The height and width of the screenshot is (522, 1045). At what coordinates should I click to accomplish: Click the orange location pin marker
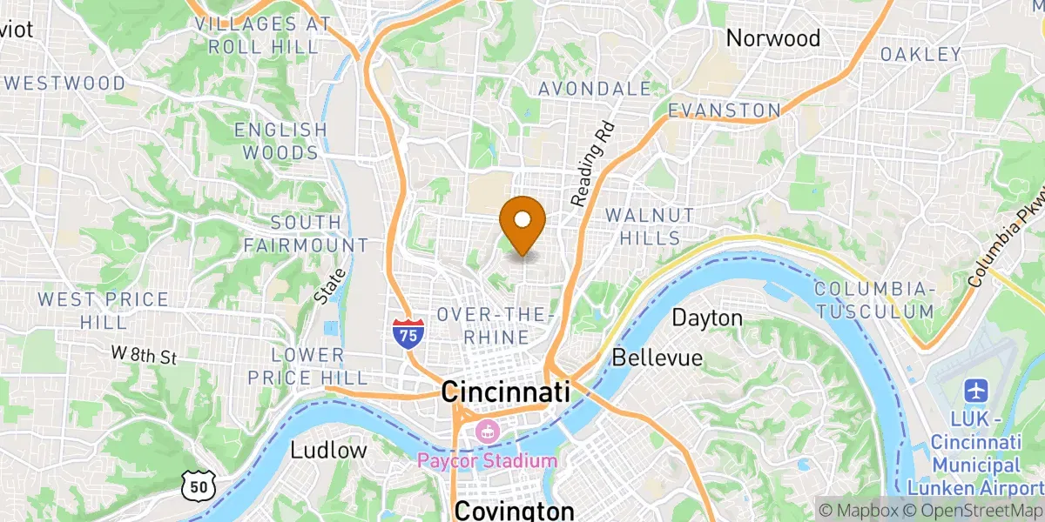pyautogui.click(x=522, y=223)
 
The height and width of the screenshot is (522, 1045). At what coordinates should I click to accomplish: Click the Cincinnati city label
pyautogui.click(x=505, y=391)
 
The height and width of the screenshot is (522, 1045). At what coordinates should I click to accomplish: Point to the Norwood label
pyautogui.click(x=773, y=38)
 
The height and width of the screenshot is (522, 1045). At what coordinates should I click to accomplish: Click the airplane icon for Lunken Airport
pyautogui.click(x=974, y=388)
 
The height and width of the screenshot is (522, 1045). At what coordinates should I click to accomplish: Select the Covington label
pyautogui.click(x=514, y=510)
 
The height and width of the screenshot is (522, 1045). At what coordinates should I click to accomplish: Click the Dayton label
pyautogui.click(x=707, y=318)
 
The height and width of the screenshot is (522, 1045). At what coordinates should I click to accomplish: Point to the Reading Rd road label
pyautogui.click(x=593, y=164)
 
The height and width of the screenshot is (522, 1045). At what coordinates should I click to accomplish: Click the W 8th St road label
pyautogui.click(x=144, y=356)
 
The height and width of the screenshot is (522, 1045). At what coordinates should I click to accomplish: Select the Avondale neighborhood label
pyautogui.click(x=595, y=89)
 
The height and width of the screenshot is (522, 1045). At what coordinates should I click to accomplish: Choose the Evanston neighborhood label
pyautogui.click(x=725, y=110)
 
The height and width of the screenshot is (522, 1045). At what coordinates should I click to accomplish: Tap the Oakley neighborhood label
pyautogui.click(x=920, y=55)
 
